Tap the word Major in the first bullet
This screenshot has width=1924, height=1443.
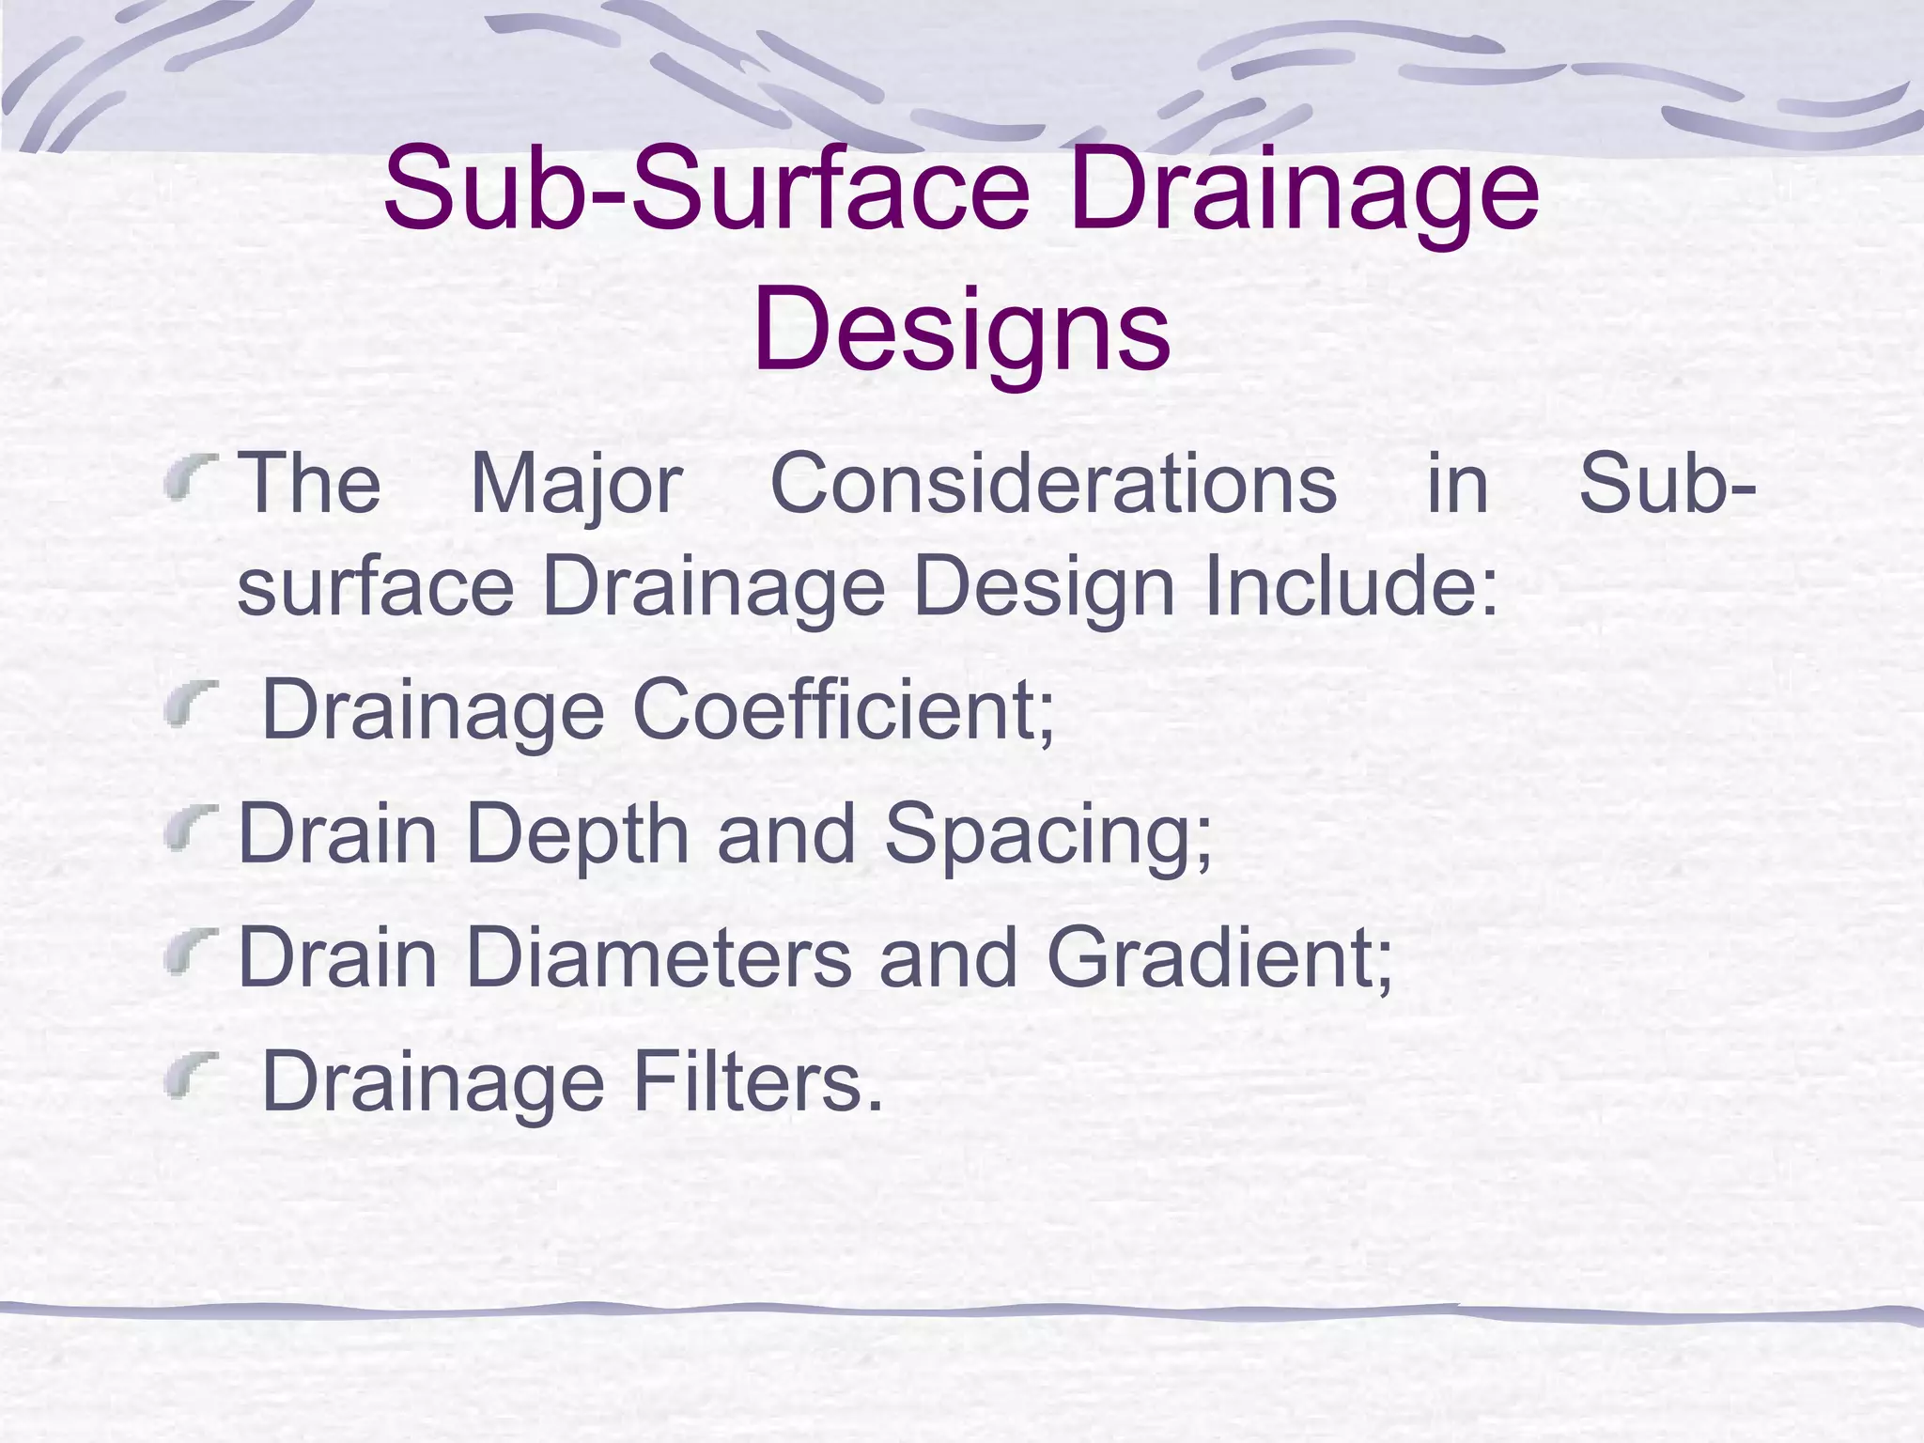575,486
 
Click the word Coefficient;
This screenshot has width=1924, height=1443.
844,710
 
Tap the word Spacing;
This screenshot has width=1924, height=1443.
1047,835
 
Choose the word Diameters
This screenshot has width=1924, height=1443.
658,958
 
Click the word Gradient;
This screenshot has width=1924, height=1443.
1219,958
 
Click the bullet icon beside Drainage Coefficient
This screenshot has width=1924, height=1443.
189,708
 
